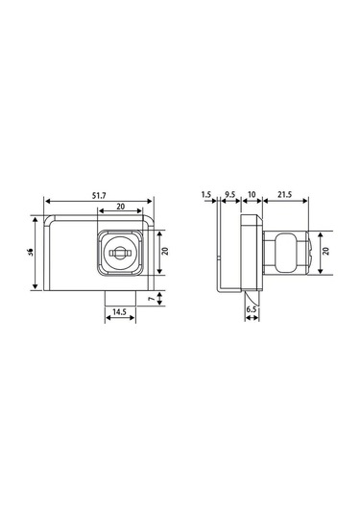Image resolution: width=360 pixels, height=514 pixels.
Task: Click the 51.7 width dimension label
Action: click(x=99, y=196)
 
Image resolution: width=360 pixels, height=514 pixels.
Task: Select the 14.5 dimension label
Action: click(x=119, y=311)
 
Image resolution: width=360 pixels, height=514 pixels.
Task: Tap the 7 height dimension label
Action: click(x=151, y=299)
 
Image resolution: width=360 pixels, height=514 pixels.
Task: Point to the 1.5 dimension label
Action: click(x=206, y=194)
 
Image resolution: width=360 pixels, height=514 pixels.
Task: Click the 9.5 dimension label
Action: click(x=230, y=194)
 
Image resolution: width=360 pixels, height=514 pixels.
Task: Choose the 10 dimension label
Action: click(x=252, y=194)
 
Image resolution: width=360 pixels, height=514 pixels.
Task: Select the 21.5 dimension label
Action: click(x=285, y=194)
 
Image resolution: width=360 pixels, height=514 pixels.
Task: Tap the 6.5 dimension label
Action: click(x=252, y=309)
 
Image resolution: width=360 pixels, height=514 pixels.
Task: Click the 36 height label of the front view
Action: click(x=31, y=252)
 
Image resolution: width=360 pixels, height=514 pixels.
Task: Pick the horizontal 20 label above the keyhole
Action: click(x=121, y=207)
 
